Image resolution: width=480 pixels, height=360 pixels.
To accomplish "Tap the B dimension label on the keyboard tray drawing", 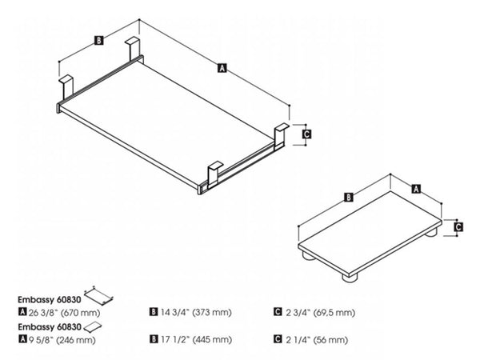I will point(97,39).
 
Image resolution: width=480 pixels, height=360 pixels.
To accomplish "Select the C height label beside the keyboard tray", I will point(306,135).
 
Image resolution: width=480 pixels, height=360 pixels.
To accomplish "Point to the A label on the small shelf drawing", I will point(415,189).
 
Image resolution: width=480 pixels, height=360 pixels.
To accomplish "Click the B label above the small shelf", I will point(349,197).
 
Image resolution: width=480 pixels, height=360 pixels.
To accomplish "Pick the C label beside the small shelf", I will point(458,226).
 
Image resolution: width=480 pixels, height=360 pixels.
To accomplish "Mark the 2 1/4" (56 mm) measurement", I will point(314,340).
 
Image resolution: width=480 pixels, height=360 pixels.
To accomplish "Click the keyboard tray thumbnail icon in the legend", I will point(98,293).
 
